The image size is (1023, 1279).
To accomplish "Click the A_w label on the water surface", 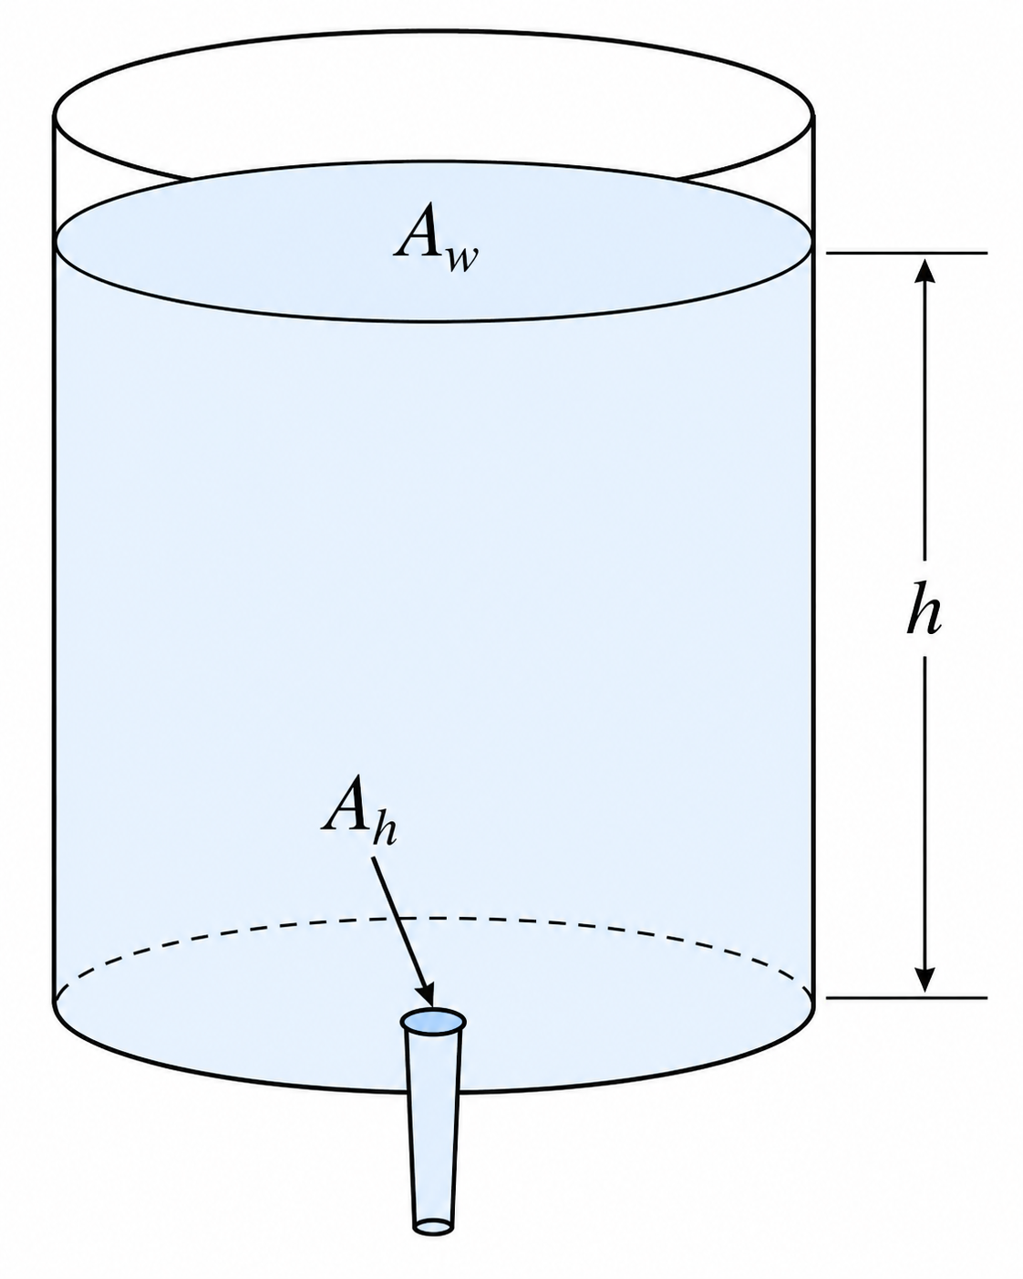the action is pos(436,240).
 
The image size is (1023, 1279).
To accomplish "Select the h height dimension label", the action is pos(925,608).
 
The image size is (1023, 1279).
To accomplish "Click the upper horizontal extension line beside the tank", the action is pos(906,254).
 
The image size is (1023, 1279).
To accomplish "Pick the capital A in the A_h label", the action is pos(346,803).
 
